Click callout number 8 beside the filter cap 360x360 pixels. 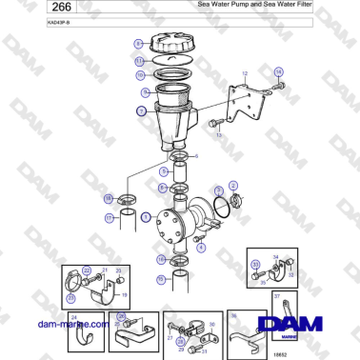tap(138, 44)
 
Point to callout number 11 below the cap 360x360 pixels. tap(139, 60)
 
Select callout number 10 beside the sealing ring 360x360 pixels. tap(140, 74)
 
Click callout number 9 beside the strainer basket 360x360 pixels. tap(145, 92)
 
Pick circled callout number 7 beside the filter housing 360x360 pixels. tap(141, 111)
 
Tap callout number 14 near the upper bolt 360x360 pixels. tap(278, 71)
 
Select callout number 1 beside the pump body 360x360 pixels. tap(146, 217)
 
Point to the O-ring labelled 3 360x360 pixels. tap(221, 205)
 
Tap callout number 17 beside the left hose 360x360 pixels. tap(108, 217)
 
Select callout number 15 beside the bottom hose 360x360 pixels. tap(161, 280)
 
